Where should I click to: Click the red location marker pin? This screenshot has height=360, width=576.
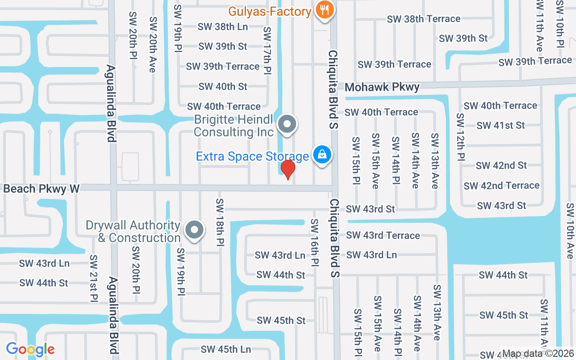tap(288, 170)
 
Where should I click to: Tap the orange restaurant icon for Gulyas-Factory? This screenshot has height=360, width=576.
tap(324, 9)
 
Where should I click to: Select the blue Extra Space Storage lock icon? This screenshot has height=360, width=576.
tap(322, 155)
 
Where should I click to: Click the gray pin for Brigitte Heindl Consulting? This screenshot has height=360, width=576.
tap(287, 124)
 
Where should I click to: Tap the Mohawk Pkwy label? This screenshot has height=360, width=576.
tap(382, 87)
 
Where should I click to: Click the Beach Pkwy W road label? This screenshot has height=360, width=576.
tap(41, 189)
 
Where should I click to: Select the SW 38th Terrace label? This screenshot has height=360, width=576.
tap(423, 19)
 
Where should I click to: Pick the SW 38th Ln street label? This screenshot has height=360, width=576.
tap(222, 27)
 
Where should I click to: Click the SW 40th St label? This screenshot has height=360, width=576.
tap(223, 86)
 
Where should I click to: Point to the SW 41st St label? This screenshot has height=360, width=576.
tap(500, 126)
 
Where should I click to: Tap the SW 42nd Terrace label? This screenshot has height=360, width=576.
tap(501, 185)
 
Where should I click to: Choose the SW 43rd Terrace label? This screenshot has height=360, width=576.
tap(383, 235)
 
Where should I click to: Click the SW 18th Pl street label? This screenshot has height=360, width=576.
tap(220, 222)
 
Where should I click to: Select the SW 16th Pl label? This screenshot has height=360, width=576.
tap(315, 242)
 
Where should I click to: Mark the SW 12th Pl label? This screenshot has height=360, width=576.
tap(460, 137)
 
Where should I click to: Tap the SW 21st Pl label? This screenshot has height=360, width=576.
tap(94, 279)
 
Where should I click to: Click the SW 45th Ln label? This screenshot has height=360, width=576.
tap(226, 349)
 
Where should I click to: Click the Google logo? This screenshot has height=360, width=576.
tap(30, 349)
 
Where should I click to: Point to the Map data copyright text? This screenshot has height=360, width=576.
tap(538, 353)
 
